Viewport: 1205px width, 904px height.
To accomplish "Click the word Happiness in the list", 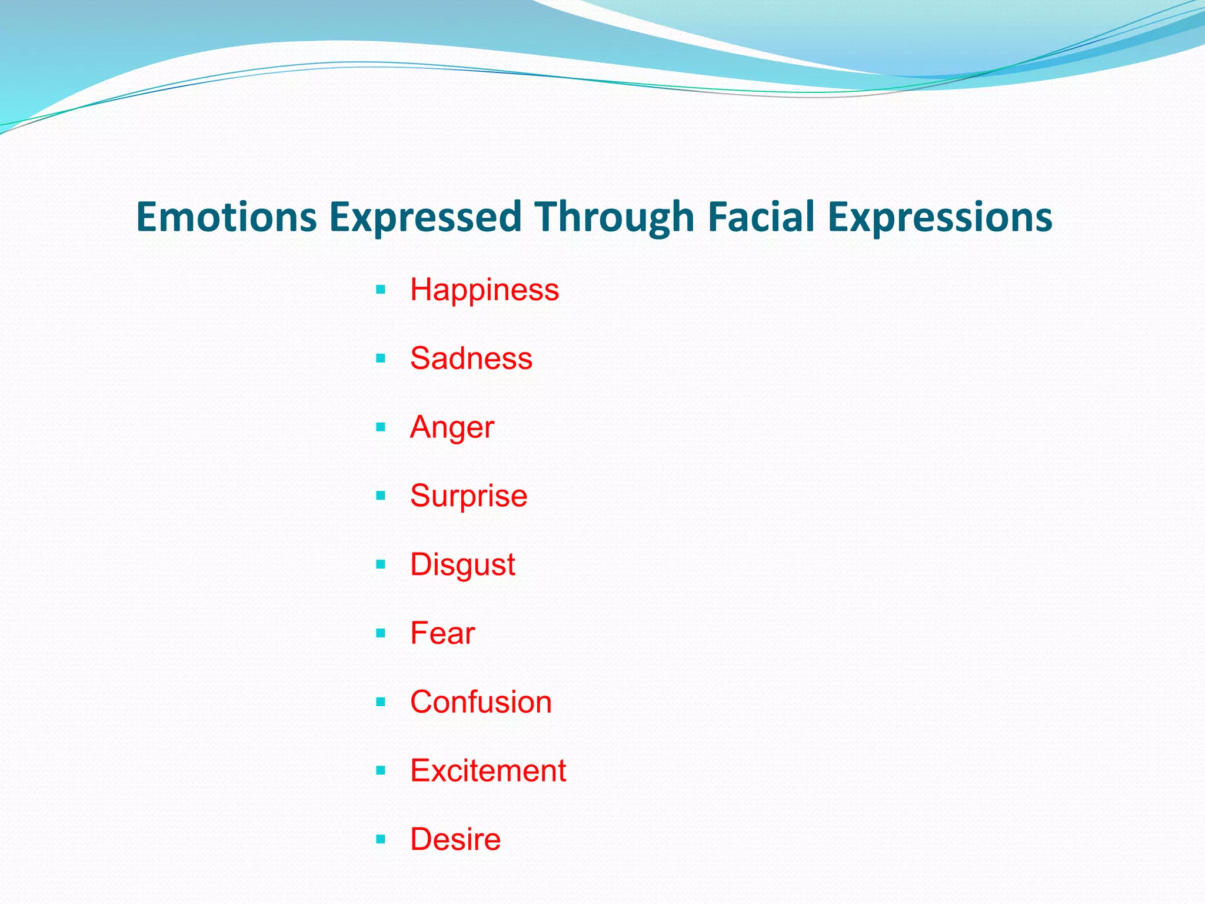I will coord(484,290).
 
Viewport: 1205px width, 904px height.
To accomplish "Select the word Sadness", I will coord(471,358).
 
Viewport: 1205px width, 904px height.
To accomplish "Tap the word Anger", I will coord(452,427).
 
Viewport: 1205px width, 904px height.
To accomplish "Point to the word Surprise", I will coord(468,496).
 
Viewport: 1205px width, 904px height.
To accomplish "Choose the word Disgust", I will coord(462,565).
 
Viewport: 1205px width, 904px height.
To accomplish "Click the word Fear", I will coord(442,633).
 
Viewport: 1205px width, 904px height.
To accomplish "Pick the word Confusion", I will coord(481,702).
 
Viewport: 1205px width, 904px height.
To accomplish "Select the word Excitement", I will coord(488,771).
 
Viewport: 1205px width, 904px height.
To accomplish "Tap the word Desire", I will coord(455,839).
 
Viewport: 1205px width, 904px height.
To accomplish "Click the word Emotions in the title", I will coord(227,217).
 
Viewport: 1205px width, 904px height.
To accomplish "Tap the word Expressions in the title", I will coord(940,217).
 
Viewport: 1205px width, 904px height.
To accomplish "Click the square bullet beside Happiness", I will coord(381,290).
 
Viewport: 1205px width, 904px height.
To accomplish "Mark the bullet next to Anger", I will coord(381,427).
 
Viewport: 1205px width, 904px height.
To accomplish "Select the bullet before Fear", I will coord(381,633).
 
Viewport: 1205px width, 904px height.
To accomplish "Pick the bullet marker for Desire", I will coord(381,839).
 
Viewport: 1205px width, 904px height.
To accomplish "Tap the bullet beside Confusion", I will coord(381,702).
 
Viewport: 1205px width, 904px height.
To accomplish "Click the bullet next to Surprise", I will coord(381,496).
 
